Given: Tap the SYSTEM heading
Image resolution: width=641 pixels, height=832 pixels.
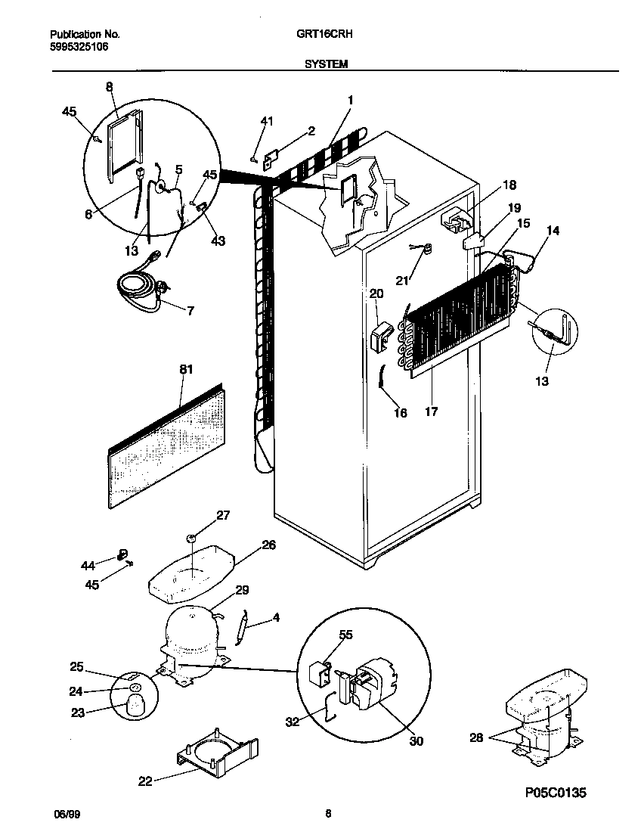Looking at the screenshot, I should pyautogui.click(x=326, y=65).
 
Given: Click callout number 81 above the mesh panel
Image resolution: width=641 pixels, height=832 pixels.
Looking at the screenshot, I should pyautogui.click(x=186, y=370).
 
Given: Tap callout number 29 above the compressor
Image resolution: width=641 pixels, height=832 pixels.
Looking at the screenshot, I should pyautogui.click(x=242, y=590).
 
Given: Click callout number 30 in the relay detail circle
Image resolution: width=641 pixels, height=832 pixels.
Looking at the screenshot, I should pyautogui.click(x=416, y=741).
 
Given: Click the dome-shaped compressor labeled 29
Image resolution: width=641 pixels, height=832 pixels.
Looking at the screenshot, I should pyautogui.click(x=189, y=632).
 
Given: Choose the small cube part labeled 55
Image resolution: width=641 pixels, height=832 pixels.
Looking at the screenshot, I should pyautogui.click(x=318, y=672).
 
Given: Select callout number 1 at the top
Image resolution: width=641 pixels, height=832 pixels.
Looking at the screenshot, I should pyautogui.click(x=351, y=100).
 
